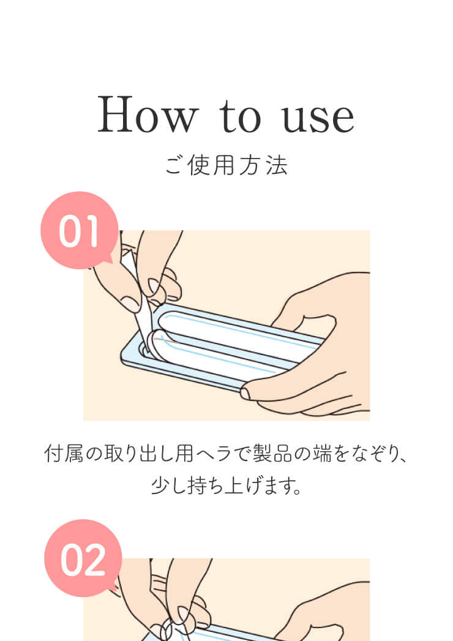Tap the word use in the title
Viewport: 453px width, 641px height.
coord(318,119)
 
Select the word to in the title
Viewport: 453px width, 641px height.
coord(240,116)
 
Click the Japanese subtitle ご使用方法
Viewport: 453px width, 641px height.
coord(226,165)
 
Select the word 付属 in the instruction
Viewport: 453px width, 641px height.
coord(64,454)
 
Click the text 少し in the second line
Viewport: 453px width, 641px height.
coord(169,485)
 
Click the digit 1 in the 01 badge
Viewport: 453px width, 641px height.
coord(92,231)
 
